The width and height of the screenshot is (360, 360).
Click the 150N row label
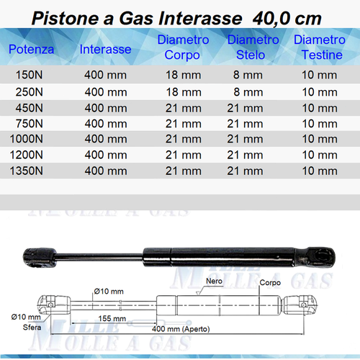pyautogui.click(x=28, y=75)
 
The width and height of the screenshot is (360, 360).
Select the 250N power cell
pyautogui.click(x=28, y=91)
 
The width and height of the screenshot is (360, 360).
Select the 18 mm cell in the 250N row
pyautogui.click(x=183, y=91)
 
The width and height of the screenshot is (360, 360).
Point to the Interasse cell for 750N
pyautogui.click(x=107, y=123)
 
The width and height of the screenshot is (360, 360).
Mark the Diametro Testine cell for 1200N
pyautogui.click(x=317, y=155)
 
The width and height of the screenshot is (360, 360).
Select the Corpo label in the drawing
pyautogui.click(x=269, y=283)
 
